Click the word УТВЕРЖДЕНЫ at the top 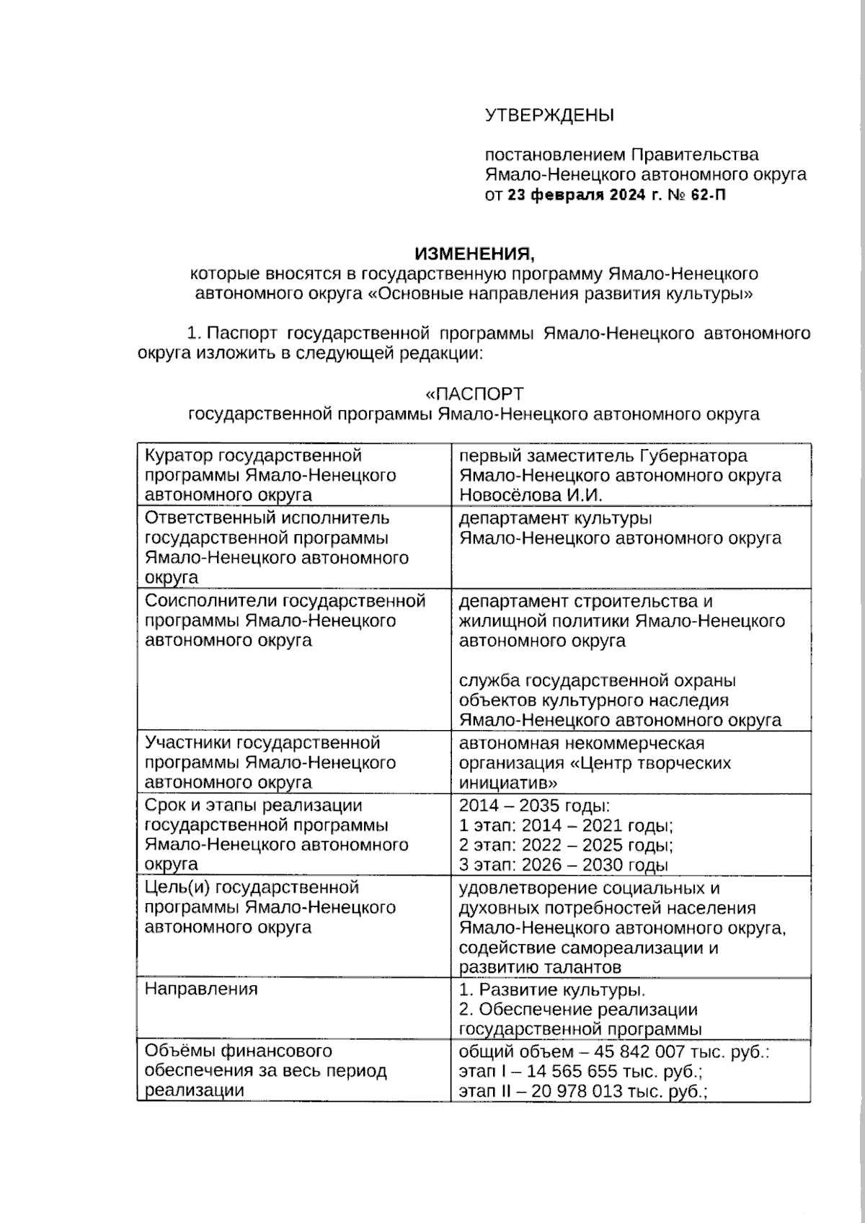click(x=549, y=115)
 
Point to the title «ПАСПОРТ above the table click(x=474, y=394)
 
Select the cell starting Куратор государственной click(x=253, y=455)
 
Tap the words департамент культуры click(x=555, y=518)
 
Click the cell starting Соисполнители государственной click(x=285, y=601)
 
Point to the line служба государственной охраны click(x=597, y=680)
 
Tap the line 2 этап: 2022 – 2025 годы click(x=566, y=845)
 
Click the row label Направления click(x=201, y=989)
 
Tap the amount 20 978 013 click(x=577, y=1091)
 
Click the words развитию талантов click(x=540, y=967)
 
